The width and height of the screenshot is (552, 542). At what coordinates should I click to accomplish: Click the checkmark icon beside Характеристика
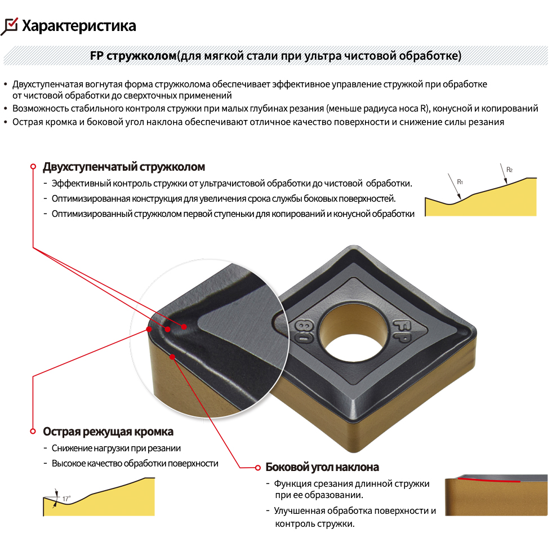click(x=9, y=26)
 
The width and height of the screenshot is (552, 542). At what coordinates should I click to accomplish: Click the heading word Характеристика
click(x=79, y=26)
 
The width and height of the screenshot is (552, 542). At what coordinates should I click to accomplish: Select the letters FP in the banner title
click(x=96, y=56)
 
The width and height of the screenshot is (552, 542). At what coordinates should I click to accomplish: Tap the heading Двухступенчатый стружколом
click(x=124, y=167)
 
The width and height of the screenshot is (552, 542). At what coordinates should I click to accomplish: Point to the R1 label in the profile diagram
click(x=460, y=182)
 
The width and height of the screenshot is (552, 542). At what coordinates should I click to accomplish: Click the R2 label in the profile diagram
click(x=509, y=170)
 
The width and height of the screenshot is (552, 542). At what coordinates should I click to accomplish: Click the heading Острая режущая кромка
click(x=108, y=432)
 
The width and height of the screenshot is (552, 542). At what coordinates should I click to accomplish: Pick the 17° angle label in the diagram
click(x=66, y=498)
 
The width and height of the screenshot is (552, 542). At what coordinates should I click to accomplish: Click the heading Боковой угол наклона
click(x=322, y=467)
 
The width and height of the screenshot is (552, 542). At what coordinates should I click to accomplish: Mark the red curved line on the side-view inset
click(x=489, y=480)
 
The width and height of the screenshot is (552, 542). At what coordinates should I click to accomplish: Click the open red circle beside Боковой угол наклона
click(x=258, y=468)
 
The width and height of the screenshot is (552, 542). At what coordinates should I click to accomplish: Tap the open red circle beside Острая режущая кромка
click(x=33, y=431)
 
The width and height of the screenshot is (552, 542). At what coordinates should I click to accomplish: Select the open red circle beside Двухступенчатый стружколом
click(x=33, y=166)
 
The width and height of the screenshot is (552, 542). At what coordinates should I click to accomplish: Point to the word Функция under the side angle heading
click(x=292, y=484)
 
